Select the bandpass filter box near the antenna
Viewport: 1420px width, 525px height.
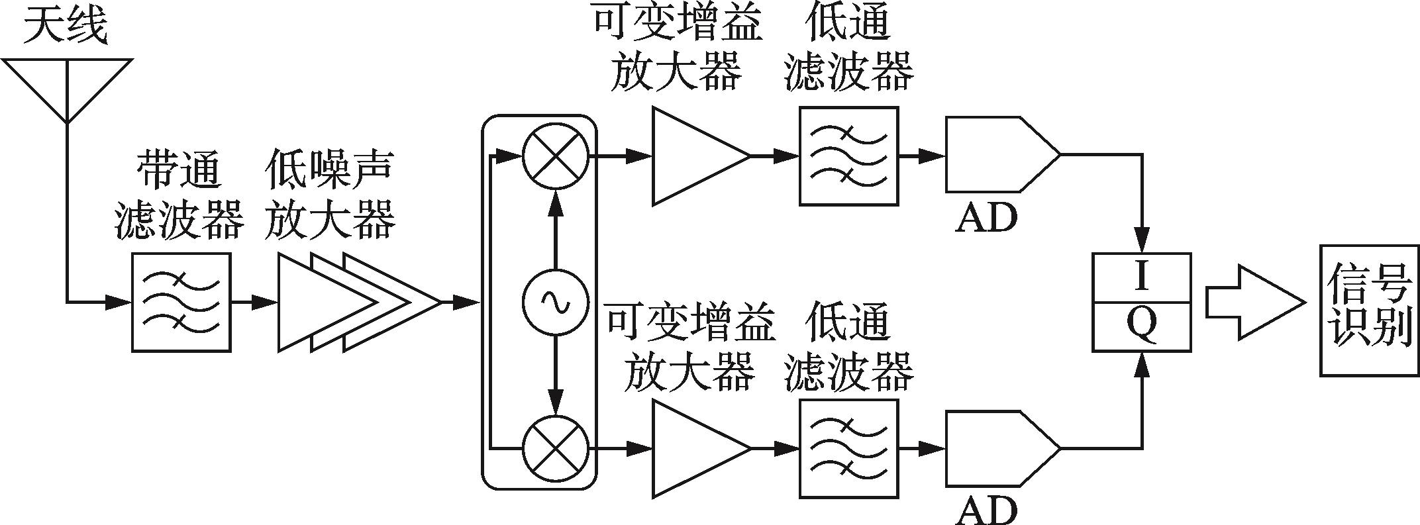pyautogui.click(x=181, y=302)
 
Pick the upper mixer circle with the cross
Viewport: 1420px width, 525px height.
pyautogui.click(x=556, y=156)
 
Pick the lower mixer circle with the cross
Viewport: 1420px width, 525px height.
pyautogui.click(x=556, y=449)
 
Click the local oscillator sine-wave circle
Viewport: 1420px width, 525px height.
pyautogui.click(x=556, y=303)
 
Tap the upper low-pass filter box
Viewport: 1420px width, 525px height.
pyautogui.click(x=848, y=156)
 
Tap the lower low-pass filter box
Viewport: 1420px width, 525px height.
pyautogui.click(x=848, y=449)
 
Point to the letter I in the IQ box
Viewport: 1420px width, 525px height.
pyautogui.click(x=1141, y=277)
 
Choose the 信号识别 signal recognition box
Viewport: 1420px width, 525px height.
pyautogui.click(x=1369, y=310)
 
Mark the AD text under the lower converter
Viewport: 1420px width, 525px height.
pyautogui.click(x=986, y=510)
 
